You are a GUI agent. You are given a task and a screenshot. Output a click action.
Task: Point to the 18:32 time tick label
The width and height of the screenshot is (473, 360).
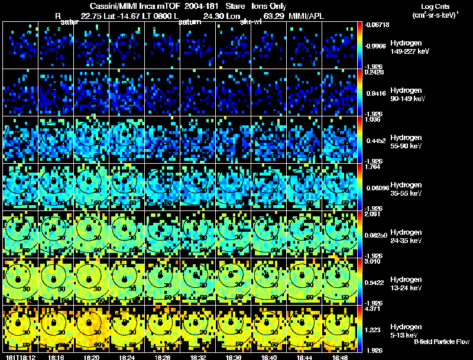[x=198, y=356]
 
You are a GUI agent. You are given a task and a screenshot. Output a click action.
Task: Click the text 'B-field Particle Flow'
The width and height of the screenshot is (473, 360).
[x=441, y=342]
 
